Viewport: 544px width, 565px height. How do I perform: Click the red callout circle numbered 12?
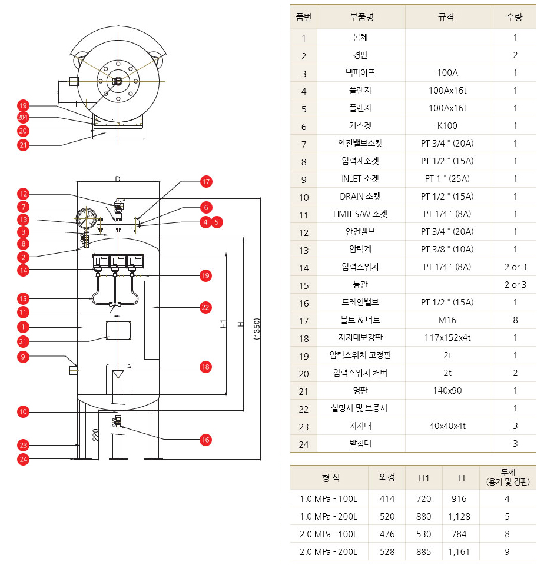pyautogui.click(x=23, y=194)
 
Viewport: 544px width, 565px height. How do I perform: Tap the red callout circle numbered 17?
pyautogui.click(x=205, y=181)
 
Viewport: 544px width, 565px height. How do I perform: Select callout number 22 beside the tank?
pyautogui.click(x=205, y=307)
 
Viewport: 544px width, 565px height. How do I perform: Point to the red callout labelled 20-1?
pyautogui.click(x=23, y=118)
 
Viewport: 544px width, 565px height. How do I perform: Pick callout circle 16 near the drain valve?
pyautogui.click(x=205, y=440)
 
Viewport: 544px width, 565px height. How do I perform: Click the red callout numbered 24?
pyautogui.click(x=23, y=460)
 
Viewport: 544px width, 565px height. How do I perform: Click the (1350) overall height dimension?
pyautogui.click(x=257, y=329)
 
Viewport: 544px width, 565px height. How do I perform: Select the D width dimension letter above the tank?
pyautogui.click(x=117, y=178)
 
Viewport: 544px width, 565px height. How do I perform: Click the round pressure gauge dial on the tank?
pyautogui.click(x=87, y=218)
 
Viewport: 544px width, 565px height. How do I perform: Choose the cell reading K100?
pyautogui.click(x=447, y=126)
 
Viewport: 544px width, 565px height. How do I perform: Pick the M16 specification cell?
pyautogui.click(x=447, y=320)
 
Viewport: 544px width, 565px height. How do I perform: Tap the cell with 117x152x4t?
pyautogui.click(x=447, y=338)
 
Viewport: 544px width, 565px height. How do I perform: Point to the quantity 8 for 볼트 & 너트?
pyautogui.click(x=515, y=320)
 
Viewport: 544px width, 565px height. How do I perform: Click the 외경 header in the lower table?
pyautogui.click(x=387, y=477)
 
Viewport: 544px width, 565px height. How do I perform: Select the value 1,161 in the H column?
pyautogui.click(x=461, y=552)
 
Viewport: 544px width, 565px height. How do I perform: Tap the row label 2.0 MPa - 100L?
pyautogui.click(x=329, y=534)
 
